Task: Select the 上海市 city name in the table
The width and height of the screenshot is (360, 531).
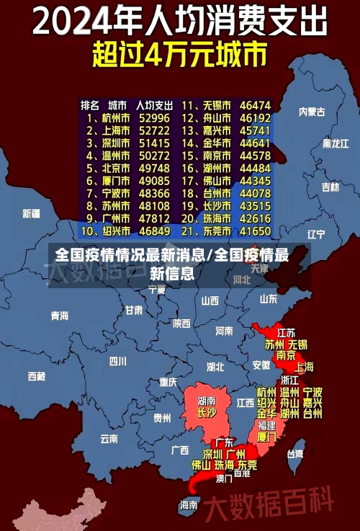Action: pyautogui.click(x=114, y=130)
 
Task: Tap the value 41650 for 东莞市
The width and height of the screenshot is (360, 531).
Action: pyautogui.click(x=255, y=231)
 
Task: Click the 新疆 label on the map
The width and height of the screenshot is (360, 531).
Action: pyautogui.click(x=31, y=213)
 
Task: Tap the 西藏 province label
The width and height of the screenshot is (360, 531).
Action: pyautogui.click(x=36, y=376)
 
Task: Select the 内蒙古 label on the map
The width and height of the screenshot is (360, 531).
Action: pyautogui.click(x=312, y=112)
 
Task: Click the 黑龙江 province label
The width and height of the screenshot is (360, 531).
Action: pyautogui.click(x=335, y=143)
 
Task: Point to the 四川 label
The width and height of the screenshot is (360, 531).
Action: pyautogui.click(x=117, y=361)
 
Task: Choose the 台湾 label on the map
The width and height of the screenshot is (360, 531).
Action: pyautogui.click(x=295, y=454)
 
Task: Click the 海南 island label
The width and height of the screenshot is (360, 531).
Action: pyautogui.click(x=189, y=505)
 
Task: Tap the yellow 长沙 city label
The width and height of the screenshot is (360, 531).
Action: pyautogui.click(x=206, y=413)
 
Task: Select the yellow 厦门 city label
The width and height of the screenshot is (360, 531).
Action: pyautogui.click(x=266, y=437)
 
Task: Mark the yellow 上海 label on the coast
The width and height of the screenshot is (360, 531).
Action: pyautogui.click(x=303, y=366)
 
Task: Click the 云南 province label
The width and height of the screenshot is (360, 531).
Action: pyautogui.click(x=109, y=437)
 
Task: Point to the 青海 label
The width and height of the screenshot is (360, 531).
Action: pyautogui.click(x=59, y=316)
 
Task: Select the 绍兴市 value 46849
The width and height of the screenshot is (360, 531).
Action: pyautogui.click(x=155, y=231)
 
